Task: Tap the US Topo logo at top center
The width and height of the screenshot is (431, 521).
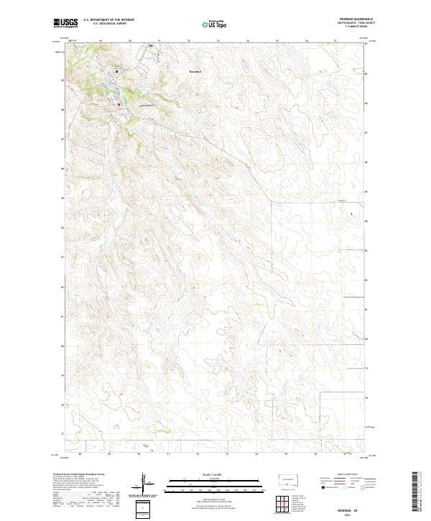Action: coord(208,23)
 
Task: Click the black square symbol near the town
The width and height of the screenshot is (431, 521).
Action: coord(116,70)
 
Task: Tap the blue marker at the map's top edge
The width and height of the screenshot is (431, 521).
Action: coord(151,47)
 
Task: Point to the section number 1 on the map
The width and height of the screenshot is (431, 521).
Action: coord(351,214)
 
